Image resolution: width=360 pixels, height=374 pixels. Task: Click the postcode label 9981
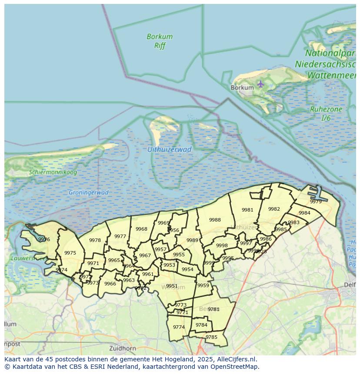click(247, 210)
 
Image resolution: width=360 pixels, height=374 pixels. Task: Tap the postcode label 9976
click(44, 239)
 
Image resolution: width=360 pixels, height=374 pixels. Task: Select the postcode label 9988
click(215, 220)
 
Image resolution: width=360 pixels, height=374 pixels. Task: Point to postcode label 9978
click(95, 240)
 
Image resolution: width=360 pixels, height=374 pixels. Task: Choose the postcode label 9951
click(172, 286)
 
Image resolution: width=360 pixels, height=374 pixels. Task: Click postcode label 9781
click(213, 309)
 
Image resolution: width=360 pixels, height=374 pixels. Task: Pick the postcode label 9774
click(179, 327)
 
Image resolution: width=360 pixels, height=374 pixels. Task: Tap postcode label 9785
click(211, 337)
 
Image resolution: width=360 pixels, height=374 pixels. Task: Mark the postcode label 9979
click(316, 202)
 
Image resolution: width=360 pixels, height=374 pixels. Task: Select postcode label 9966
click(110, 284)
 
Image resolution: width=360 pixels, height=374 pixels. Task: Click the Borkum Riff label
click(160, 41)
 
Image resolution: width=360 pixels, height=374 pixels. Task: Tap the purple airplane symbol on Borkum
click(260, 83)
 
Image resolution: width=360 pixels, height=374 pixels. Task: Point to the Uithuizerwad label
click(169, 149)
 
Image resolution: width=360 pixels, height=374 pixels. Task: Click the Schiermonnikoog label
click(53, 172)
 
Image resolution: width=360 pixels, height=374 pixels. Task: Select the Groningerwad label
click(89, 192)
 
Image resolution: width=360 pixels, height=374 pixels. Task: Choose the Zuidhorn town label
click(123, 348)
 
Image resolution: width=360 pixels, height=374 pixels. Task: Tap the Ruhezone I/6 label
click(326, 113)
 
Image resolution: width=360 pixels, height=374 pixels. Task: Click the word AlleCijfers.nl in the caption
click(238, 359)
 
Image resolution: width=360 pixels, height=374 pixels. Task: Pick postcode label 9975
click(70, 253)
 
